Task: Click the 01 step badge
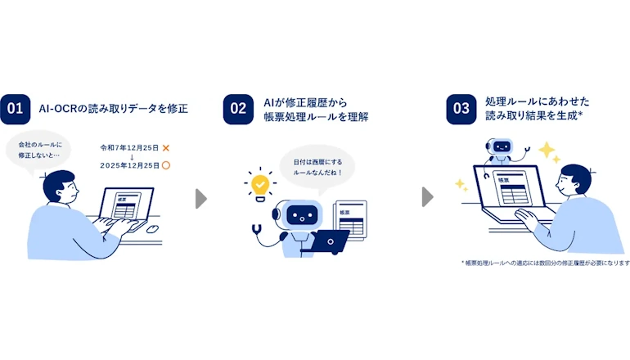[x=16, y=109]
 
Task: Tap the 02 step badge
[x=238, y=109]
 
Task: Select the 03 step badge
[x=461, y=109]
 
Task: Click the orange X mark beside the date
[x=165, y=148]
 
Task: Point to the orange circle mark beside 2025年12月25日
[x=166, y=165]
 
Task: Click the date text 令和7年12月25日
[x=129, y=148]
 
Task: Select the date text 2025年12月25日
[x=129, y=165]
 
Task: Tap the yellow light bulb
[x=260, y=186]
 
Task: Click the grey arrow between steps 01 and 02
[x=201, y=199]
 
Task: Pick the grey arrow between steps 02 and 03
[x=427, y=197]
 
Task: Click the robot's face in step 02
[x=301, y=216]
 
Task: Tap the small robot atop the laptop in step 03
[x=500, y=151]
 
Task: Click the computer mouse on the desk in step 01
[x=152, y=229]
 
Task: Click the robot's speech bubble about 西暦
[x=317, y=168]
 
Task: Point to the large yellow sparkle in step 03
[x=547, y=150]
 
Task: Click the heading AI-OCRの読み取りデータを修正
[x=113, y=109]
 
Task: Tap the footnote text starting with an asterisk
[x=546, y=263]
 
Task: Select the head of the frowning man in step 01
[x=61, y=187]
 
